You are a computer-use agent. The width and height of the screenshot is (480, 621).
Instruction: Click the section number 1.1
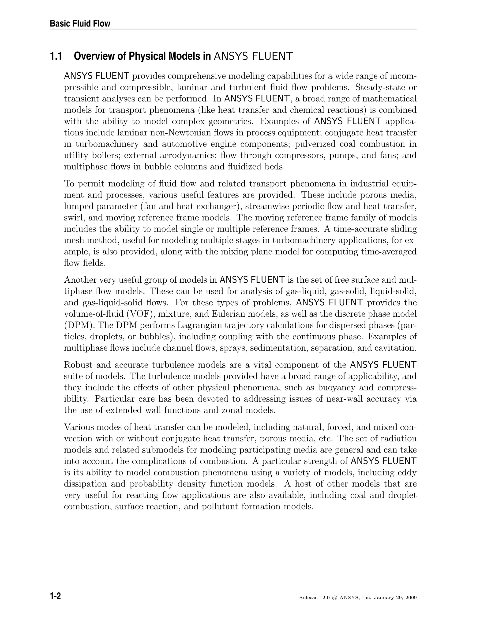(x=56, y=56)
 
